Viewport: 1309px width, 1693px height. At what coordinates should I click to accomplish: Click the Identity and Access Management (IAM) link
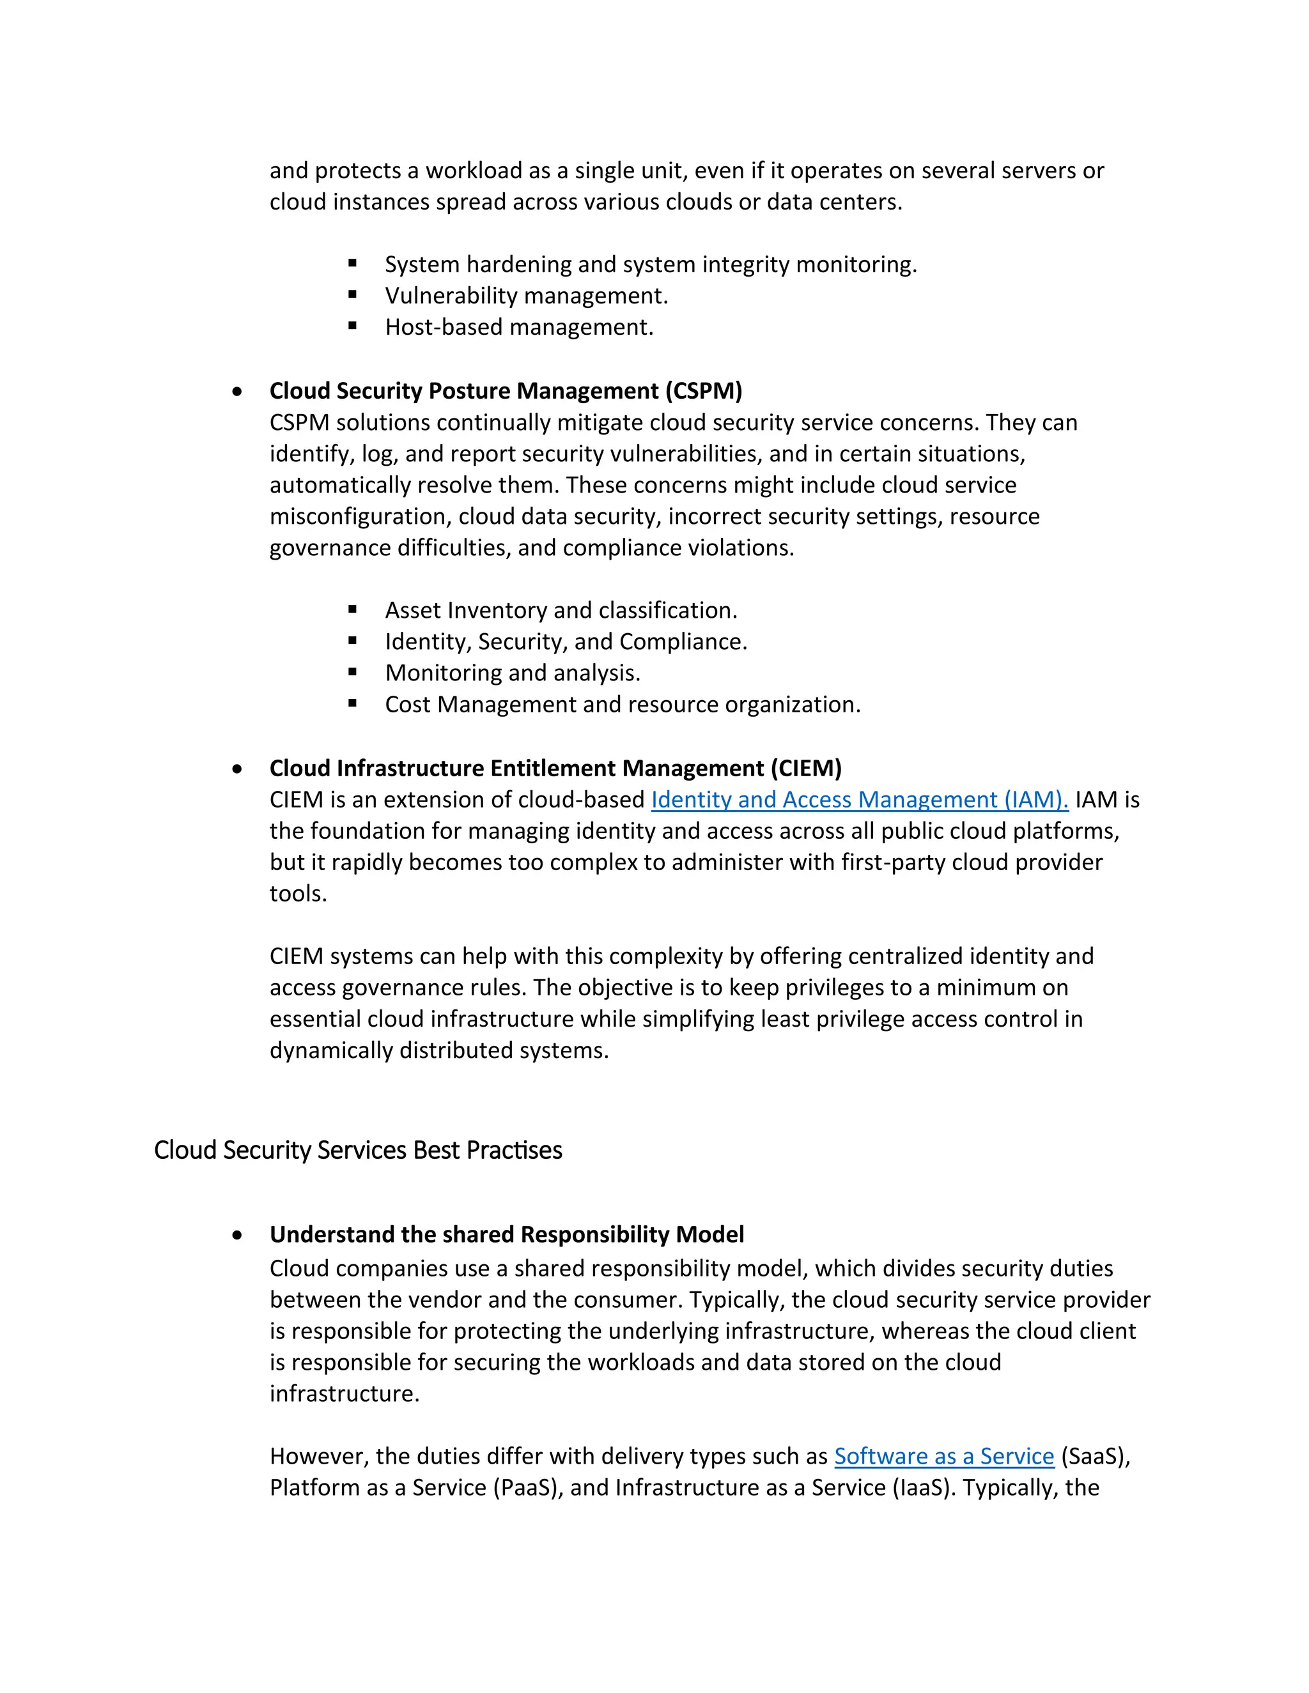[859, 799]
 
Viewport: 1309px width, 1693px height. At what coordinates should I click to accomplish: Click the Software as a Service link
[944, 1456]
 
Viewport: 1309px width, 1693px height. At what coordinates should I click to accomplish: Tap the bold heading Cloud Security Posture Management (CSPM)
[506, 391]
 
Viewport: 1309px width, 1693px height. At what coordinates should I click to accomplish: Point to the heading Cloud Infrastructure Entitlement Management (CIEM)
[555, 768]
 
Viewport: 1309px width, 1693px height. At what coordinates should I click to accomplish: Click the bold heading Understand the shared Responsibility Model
[506, 1234]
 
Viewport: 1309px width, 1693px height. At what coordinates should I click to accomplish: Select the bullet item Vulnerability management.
[526, 295]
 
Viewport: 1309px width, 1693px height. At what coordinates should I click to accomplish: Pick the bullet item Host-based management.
[519, 327]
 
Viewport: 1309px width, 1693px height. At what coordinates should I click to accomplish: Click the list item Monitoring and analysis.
[513, 673]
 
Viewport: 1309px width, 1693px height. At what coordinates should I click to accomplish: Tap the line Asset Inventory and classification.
[561, 610]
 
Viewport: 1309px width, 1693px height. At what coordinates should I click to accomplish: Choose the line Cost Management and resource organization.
[623, 705]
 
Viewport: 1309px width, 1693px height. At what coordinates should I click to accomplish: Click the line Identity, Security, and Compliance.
[566, 642]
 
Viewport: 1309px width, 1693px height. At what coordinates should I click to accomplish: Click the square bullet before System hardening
[353, 264]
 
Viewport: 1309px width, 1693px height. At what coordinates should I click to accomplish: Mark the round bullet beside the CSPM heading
[237, 392]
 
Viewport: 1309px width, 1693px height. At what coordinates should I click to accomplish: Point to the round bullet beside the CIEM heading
[237, 769]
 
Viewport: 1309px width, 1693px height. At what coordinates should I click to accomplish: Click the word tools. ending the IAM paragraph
[298, 894]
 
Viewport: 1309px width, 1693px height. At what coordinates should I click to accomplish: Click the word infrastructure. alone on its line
[345, 1394]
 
